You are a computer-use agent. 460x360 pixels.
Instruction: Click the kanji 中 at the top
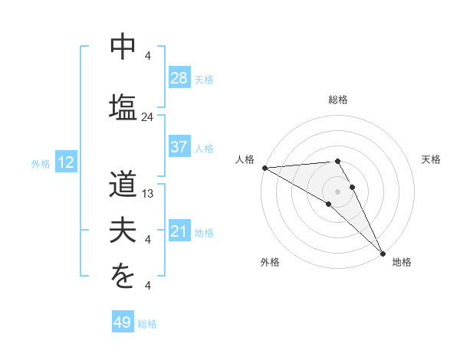point(123,47)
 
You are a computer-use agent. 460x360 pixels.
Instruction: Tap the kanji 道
point(123,187)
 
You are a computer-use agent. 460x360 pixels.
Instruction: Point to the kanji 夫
point(123,231)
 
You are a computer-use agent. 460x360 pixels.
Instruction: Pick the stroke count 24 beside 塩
point(148,117)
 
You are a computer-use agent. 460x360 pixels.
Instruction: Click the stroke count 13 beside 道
point(149,194)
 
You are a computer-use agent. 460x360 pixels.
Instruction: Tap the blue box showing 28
point(179,77)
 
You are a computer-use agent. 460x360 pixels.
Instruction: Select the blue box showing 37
point(179,147)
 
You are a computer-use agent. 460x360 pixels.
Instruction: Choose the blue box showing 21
point(179,231)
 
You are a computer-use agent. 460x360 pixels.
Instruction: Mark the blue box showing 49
point(123,322)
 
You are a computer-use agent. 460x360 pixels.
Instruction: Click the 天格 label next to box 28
point(204,79)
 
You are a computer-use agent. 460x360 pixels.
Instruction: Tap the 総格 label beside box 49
point(147,324)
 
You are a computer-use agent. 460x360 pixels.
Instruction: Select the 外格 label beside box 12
point(41,163)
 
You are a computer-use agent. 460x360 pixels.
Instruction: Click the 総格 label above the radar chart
point(338,100)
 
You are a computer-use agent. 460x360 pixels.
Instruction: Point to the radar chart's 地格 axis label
point(402,262)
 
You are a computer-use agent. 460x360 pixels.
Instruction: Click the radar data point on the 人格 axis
point(264,167)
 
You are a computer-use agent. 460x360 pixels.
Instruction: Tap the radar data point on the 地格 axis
point(381,252)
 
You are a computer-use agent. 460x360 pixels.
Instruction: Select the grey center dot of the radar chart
point(337,190)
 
